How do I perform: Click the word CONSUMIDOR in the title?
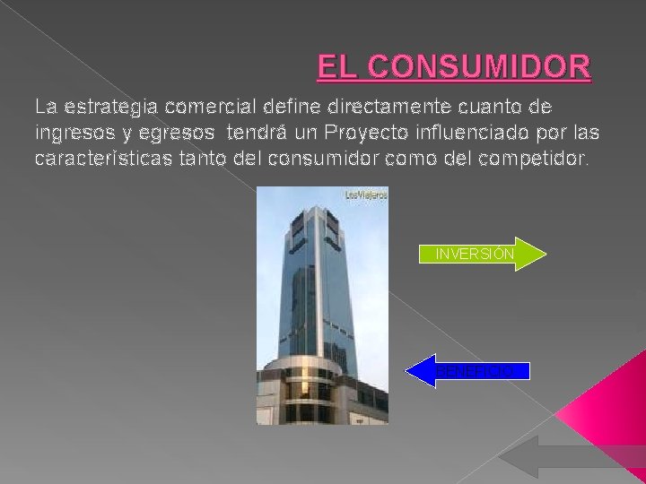click(x=480, y=67)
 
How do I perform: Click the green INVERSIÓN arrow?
click(x=482, y=254)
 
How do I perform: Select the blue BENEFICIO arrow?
click(x=468, y=370)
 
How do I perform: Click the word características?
click(x=88, y=160)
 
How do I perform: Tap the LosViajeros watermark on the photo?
click(x=366, y=194)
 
